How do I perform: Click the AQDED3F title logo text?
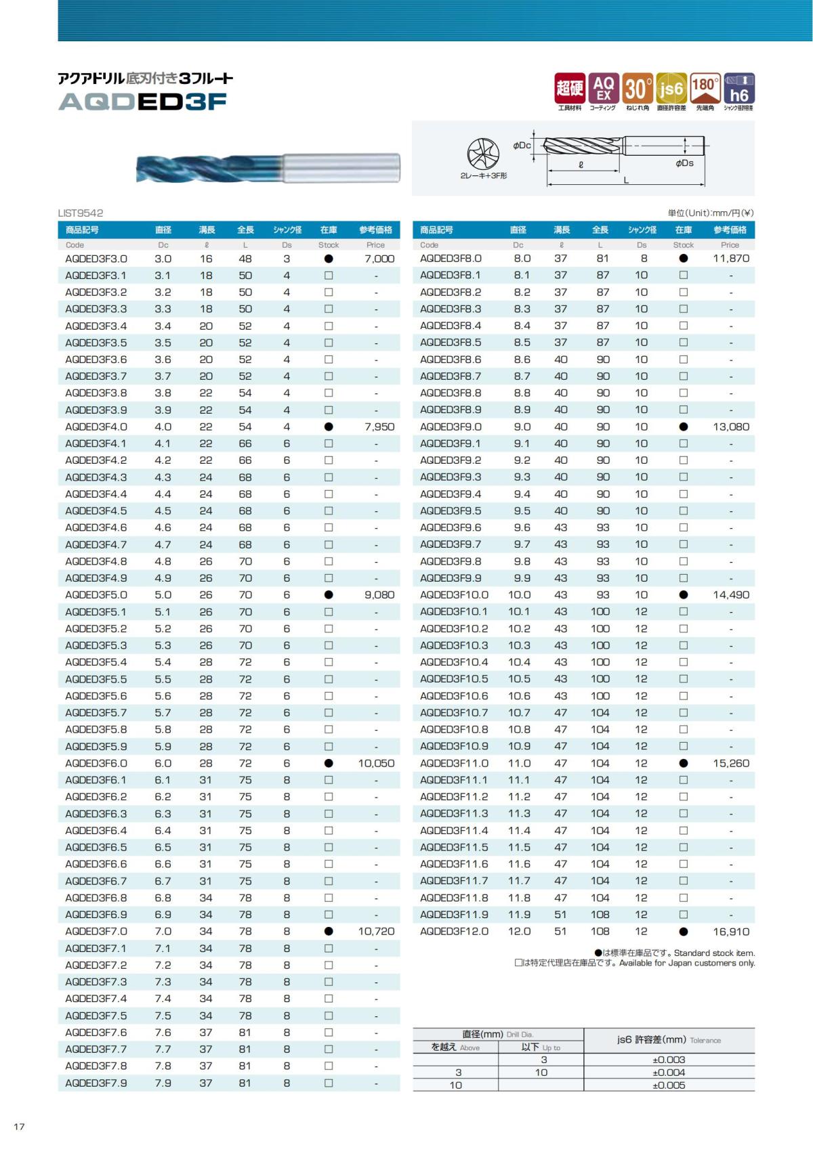point(142,102)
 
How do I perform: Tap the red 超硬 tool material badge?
point(569,89)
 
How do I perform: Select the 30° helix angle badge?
point(637,89)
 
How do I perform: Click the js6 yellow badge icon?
point(671,89)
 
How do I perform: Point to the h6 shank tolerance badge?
point(739,89)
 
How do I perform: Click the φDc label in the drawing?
point(522,146)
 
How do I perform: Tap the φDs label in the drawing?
point(684,163)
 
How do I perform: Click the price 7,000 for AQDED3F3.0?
point(379,259)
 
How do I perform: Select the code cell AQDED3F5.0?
point(96,595)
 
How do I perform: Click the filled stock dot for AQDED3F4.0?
point(329,427)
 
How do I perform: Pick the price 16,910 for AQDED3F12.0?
point(731,932)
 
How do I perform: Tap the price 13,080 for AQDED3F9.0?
point(731,427)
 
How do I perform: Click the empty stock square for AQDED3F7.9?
point(329,1083)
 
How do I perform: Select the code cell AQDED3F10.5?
point(454,679)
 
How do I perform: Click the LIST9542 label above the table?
point(81,213)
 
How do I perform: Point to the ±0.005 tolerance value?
point(669,1085)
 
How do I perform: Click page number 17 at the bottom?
point(19,1127)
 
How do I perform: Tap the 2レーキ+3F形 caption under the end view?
point(484,176)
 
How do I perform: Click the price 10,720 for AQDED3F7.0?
point(376,932)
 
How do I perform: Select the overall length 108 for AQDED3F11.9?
point(600,915)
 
